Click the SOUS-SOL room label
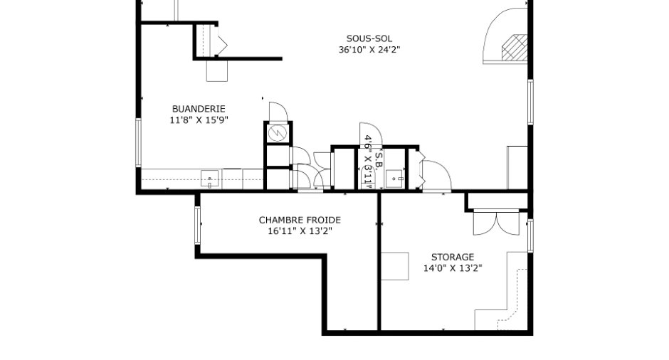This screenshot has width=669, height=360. [x=369, y=39]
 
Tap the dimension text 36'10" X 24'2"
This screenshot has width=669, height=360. [x=369, y=50]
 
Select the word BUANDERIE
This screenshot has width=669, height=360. [x=199, y=109]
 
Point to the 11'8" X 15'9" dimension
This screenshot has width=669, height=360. [x=199, y=120]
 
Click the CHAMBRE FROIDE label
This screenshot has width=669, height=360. [x=300, y=220]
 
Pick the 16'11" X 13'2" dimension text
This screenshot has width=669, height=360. [x=300, y=231]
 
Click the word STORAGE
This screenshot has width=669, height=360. [x=452, y=258]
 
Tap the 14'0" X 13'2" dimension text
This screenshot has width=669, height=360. [x=452, y=268]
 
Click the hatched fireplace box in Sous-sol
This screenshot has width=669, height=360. [x=515, y=48]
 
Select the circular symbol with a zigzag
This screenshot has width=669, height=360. [x=278, y=133]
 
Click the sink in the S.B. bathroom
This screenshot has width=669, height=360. [x=395, y=179]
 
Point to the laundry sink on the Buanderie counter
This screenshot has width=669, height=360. [x=210, y=179]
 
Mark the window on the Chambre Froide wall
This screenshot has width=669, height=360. [x=198, y=225]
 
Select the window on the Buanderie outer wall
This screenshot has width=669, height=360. [x=138, y=142]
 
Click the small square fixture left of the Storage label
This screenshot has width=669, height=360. [x=395, y=266]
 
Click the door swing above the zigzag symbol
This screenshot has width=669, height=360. [x=278, y=112]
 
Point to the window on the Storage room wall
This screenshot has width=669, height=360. [x=530, y=236]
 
